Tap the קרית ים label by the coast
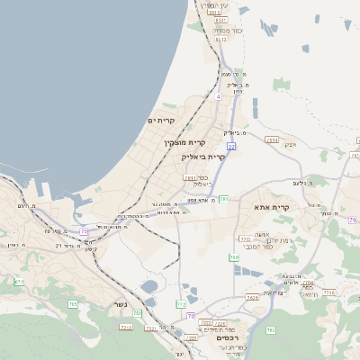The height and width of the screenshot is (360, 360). [x=160, y=120]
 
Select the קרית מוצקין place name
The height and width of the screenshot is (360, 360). [x=184, y=142]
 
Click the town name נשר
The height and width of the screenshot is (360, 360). [x=120, y=304]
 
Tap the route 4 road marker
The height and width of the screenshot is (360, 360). [x=219, y=94]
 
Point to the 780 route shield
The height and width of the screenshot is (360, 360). [x=234, y=257]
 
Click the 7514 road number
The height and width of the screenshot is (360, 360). [x=273, y=139]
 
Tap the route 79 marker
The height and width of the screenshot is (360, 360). [x=353, y=220]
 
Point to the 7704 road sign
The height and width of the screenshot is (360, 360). [x=308, y=283]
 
